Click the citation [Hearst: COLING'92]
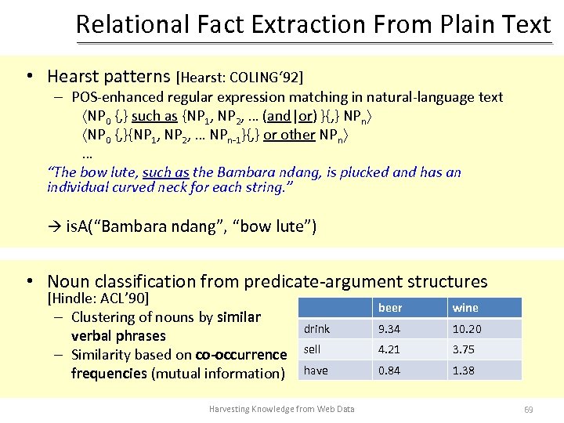(240, 77)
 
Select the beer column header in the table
(391, 308)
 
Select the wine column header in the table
(465, 308)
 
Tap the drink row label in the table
(317, 329)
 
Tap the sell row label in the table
(312, 349)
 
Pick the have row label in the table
(316, 370)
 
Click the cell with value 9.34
(390, 329)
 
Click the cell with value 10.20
(467, 329)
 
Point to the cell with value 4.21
(390, 349)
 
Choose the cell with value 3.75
(463, 349)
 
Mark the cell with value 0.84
(390, 370)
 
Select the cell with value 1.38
(463, 370)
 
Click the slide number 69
(528, 409)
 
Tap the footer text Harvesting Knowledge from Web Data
(281, 409)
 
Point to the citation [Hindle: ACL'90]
(98, 298)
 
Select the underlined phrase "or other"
(289, 135)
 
